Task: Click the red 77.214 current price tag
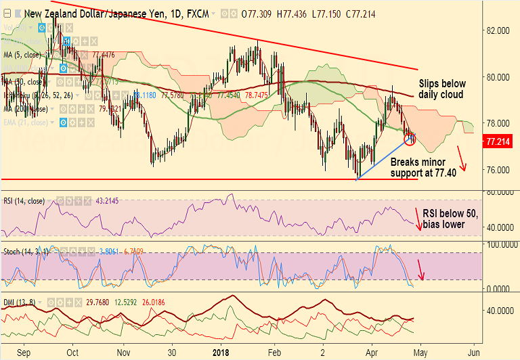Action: pos(501,141)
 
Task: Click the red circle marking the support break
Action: pos(410,139)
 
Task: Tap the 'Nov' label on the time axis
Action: pos(123,353)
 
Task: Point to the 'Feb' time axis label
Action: pos(274,353)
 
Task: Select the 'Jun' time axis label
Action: pos(475,353)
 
